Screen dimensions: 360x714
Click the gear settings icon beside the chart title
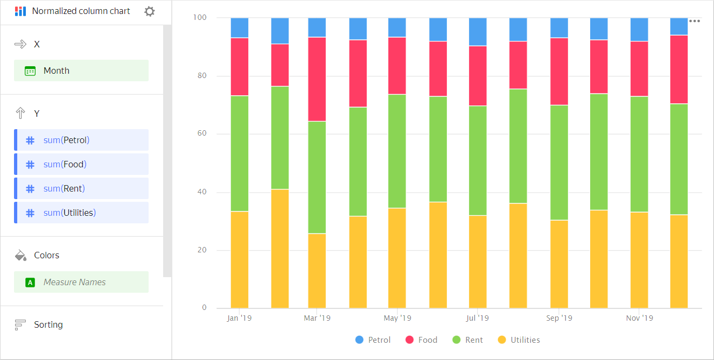[150, 11]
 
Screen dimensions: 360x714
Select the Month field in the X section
[81, 70]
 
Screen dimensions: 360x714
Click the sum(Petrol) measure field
[81, 140]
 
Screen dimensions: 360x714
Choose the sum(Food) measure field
[81, 164]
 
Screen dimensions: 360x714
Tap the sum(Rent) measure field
[81, 188]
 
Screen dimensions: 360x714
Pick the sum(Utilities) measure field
[81, 213]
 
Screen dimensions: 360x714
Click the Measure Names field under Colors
[81, 282]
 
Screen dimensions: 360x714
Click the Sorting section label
[48, 324]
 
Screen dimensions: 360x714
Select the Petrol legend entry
[373, 340]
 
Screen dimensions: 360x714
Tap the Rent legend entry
[467, 340]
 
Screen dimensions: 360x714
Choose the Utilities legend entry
[519, 340]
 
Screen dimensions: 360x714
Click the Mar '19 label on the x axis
[317, 318]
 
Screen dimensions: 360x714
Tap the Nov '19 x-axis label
[639, 318]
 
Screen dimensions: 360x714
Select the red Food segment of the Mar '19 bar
[317, 79]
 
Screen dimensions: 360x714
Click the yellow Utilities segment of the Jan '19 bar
[240, 259]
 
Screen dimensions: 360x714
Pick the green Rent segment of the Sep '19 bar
[559, 162]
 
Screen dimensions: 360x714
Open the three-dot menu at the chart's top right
[695, 22]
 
